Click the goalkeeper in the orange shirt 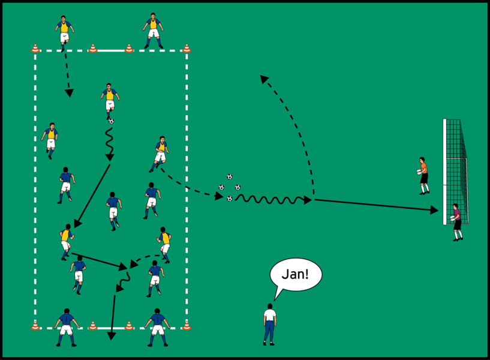(x=423, y=175)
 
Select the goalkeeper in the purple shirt (x=457, y=221)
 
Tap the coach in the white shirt (x=270, y=324)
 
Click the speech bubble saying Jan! (x=296, y=276)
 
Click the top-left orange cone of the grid (x=35, y=49)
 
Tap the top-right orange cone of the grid (x=187, y=49)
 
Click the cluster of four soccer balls (x=230, y=187)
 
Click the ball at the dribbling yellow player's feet (x=111, y=121)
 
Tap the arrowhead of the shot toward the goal (x=435, y=210)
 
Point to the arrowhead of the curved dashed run (x=263, y=78)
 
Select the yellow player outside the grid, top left (x=64, y=31)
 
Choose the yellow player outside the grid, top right (x=153, y=30)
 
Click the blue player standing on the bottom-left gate (x=66, y=327)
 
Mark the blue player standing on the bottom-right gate (x=157, y=327)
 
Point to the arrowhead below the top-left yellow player (x=70, y=93)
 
